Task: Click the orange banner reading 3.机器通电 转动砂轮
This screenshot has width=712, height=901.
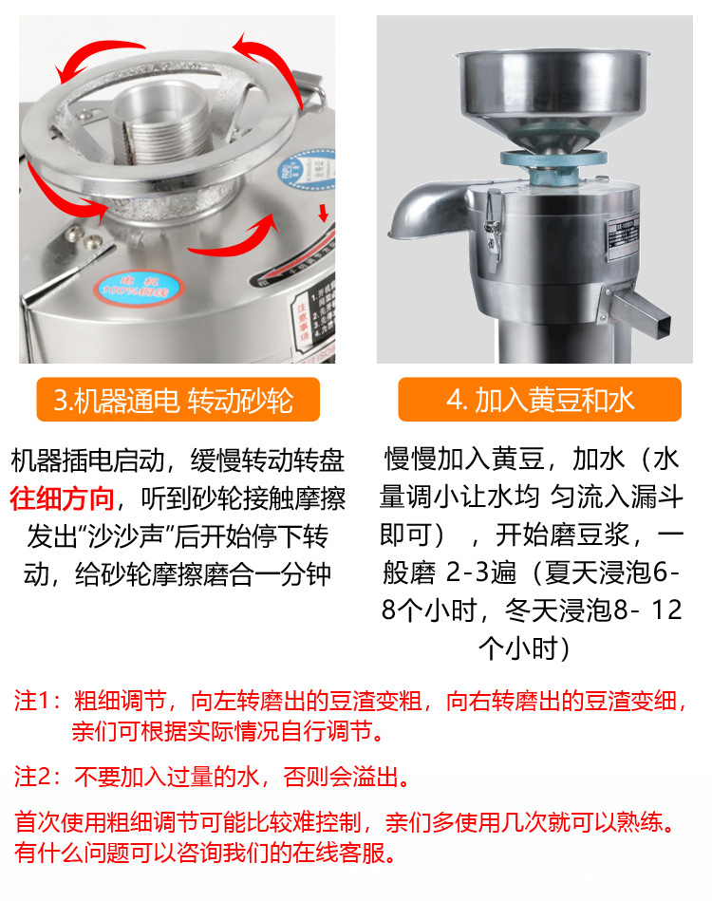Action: pyautogui.click(x=178, y=400)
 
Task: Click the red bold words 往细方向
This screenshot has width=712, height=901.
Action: pyautogui.click(x=63, y=497)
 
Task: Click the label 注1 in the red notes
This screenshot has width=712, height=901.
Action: pyautogui.click(x=32, y=704)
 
